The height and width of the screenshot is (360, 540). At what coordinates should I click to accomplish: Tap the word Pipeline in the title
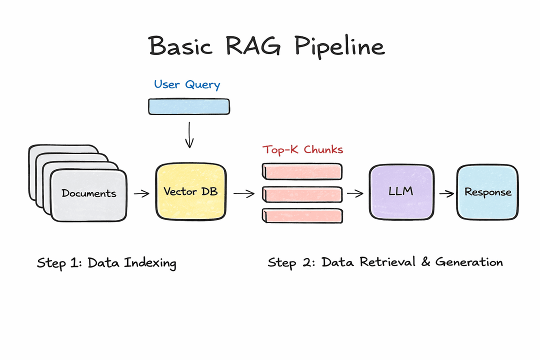pos(339,47)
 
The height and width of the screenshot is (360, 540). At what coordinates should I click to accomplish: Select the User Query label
pos(187,84)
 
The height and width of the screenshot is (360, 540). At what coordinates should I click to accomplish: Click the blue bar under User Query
pos(189,106)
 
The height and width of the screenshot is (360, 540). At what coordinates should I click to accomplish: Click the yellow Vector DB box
pos(190,192)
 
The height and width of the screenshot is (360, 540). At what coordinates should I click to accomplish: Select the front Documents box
pos(89,193)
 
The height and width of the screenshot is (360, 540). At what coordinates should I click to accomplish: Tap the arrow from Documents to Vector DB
pos(142,193)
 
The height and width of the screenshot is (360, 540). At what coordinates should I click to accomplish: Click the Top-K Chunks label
pos(303,149)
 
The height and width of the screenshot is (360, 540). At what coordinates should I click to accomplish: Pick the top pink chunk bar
pos(302,171)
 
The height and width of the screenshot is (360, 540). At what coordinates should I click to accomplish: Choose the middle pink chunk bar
pos(302,193)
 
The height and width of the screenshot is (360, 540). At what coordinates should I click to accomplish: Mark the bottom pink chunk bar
pos(302,215)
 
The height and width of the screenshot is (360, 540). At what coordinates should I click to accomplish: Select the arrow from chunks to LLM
pos(355,193)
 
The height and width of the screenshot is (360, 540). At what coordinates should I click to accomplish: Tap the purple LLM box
pos(401,191)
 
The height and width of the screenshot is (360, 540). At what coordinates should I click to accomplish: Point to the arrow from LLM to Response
pos(443,193)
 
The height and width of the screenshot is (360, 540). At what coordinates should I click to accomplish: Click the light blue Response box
pos(487,192)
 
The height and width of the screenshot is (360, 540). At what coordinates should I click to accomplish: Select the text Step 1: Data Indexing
pos(106,263)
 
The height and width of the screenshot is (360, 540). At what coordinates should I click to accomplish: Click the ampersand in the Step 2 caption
pos(426,261)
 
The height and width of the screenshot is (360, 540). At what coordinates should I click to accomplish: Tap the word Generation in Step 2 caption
pos(468,261)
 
